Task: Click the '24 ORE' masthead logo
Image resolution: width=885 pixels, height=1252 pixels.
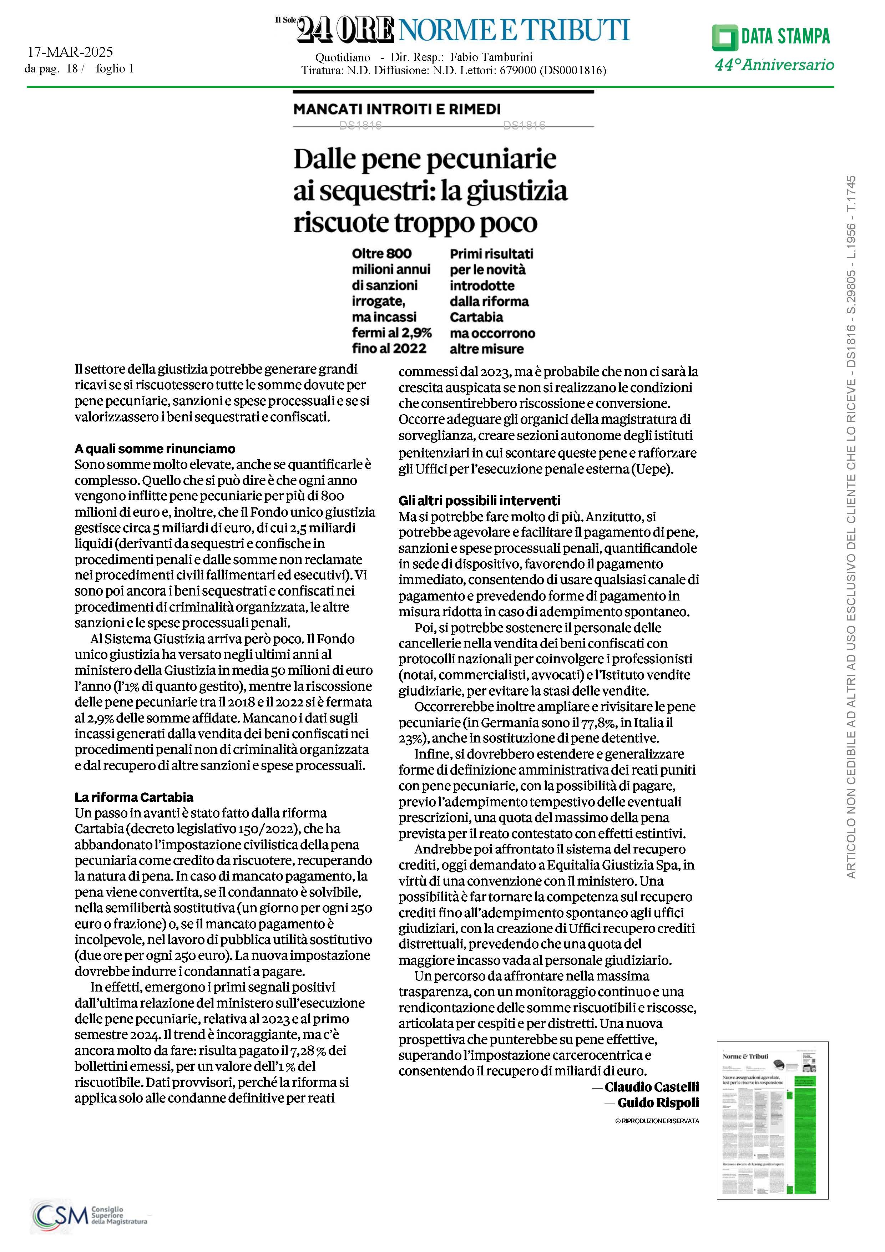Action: (345, 30)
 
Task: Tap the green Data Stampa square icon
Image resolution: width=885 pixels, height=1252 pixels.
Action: (725, 37)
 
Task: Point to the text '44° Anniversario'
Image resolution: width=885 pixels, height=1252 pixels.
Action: (774, 65)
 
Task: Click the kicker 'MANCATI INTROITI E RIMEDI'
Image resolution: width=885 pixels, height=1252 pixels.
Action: (397, 109)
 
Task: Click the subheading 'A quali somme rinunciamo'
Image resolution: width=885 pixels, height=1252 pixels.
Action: (155, 449)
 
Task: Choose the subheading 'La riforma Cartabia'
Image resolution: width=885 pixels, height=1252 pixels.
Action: (134, 797)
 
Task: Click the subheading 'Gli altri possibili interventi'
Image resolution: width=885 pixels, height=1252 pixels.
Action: (479, 501)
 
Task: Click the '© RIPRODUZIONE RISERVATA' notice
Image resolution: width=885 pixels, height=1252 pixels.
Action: (657, 1121)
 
